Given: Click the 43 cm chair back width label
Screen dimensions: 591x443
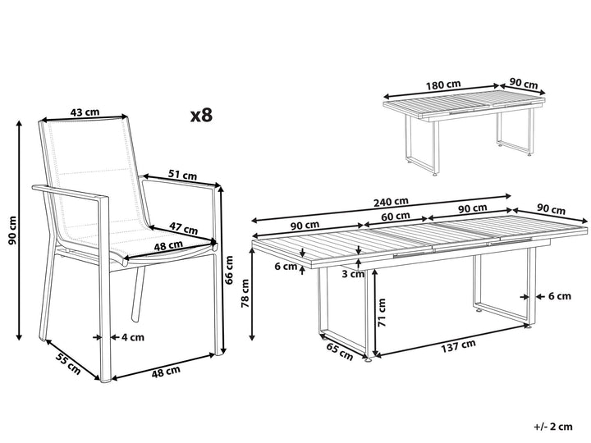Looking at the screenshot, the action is pos(85,112).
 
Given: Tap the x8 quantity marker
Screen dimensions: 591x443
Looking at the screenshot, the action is pos(202,116).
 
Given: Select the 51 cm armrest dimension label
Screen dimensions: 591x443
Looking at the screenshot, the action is pos(182,175).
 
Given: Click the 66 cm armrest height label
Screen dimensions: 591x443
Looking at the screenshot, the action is pos(229,269).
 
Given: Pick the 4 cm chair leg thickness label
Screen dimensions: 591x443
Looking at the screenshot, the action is pos(133,337).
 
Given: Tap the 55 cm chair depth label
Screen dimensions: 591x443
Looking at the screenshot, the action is pos(68,363).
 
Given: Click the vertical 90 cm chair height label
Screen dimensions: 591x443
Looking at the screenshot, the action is pos(13,231).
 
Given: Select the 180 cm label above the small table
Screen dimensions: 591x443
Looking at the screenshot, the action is pos(443,84).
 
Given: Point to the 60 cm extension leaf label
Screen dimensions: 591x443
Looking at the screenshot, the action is pos(396,217).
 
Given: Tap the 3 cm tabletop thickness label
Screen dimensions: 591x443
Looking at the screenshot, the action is pos(353,274).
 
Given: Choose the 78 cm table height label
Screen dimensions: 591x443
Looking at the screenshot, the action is pos(245,293).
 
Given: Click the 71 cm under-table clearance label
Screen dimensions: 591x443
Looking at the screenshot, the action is pos(382,313).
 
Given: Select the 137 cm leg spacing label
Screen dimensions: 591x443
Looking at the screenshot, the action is pos(458,345).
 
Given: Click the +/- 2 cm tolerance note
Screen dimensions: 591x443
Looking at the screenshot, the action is pos(553,427).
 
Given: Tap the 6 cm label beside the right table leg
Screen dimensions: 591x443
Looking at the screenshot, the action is pos(560,296).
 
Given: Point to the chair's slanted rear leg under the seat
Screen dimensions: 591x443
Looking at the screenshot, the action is pos(138,295).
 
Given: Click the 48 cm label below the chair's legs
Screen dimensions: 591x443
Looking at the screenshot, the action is pos(166,372).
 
